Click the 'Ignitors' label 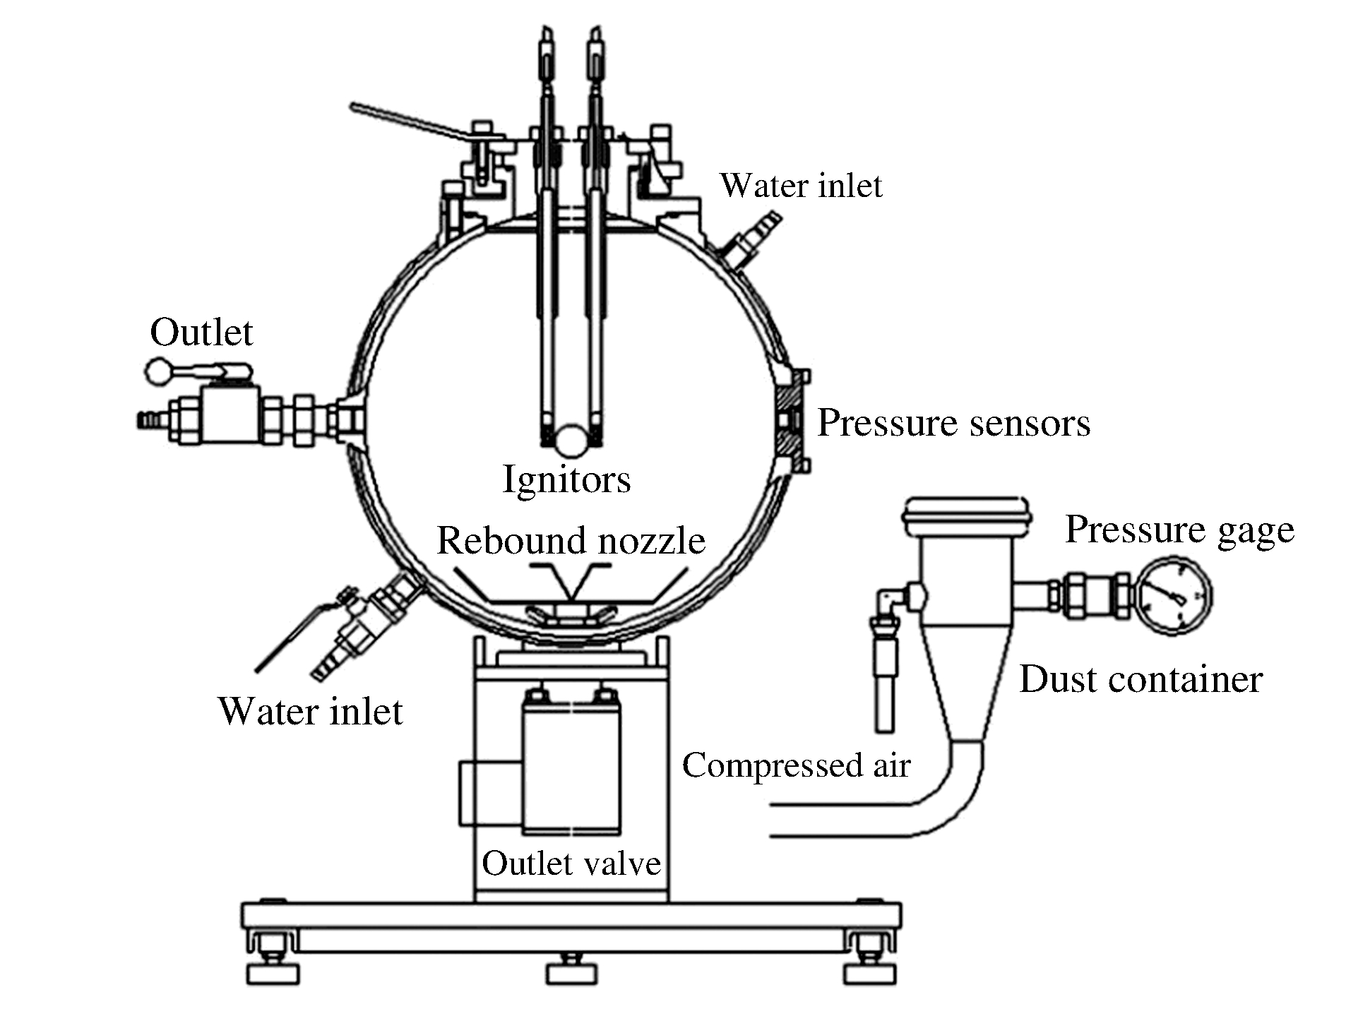point(566,480)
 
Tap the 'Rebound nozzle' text point(571,541)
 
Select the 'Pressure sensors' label point(953,424)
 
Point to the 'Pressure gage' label point(1179,530)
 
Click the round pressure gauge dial point(1173,595)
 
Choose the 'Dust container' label point(1140,679)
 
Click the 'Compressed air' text point(796,766)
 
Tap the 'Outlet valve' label point(571,864)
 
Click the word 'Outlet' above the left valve point(201,333)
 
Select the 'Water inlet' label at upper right point(801,186)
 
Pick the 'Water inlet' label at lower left point(310,711)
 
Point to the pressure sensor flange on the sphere point(792,422)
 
